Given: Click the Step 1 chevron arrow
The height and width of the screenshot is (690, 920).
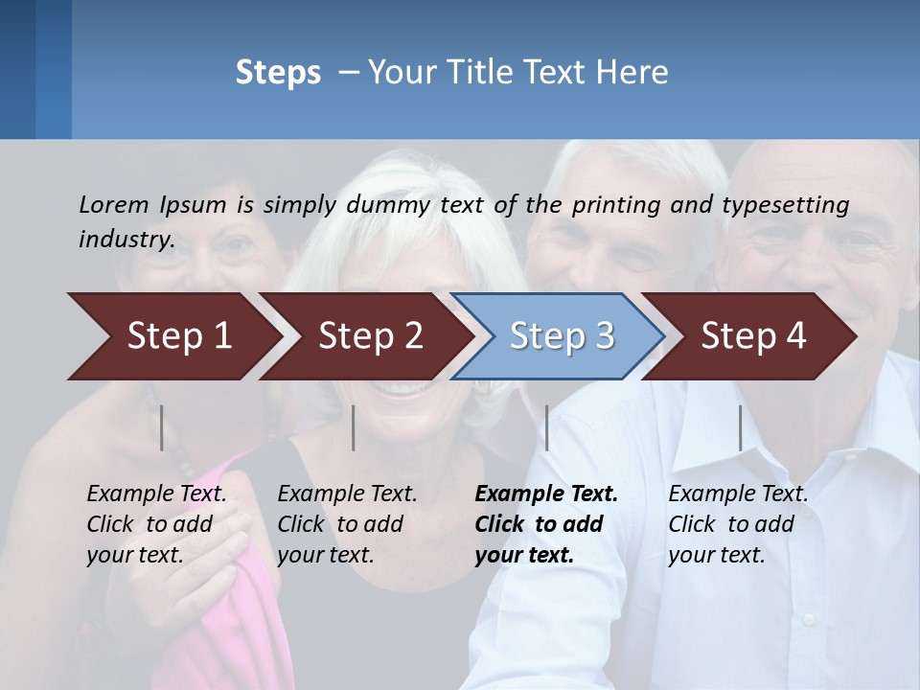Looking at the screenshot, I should (x=172, y=336).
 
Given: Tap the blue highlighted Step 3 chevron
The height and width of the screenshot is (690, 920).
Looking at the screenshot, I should (x=560, y=336).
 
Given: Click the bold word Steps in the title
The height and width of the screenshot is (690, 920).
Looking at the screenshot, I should (x=278, y=73).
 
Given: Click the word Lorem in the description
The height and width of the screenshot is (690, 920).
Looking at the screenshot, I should (x=114, y=204).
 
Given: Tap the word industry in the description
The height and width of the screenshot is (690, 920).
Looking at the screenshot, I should (x=126, y=240).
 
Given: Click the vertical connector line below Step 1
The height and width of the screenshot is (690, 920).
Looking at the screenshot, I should (x=162, y=427).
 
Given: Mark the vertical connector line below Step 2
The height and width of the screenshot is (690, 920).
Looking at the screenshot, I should (x=354, y=427).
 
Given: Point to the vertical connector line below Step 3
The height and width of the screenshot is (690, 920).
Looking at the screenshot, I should (x=547, y=427).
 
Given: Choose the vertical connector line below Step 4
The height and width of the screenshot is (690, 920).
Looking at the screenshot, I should (x=741, y=427).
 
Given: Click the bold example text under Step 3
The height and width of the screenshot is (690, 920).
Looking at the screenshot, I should (x=545, y=524).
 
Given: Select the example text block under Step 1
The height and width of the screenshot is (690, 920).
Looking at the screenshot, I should (x=155, y=524).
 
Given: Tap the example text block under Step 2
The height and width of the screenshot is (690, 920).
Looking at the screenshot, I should (x=346, y=524).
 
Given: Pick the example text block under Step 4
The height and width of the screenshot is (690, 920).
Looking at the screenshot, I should (x=737, y=524).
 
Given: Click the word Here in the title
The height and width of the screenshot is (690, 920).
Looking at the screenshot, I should (x=635, y=73).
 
